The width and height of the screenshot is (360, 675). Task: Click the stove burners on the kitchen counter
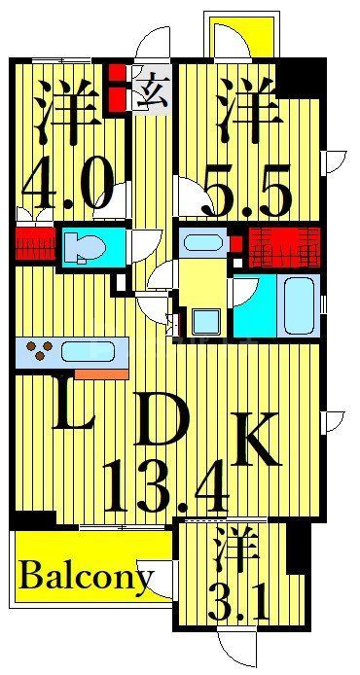coord(40,348)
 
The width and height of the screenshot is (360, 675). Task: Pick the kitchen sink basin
coord(94,351)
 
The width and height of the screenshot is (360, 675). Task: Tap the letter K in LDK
coord(257,440)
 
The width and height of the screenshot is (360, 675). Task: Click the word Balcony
coord(85,581)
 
